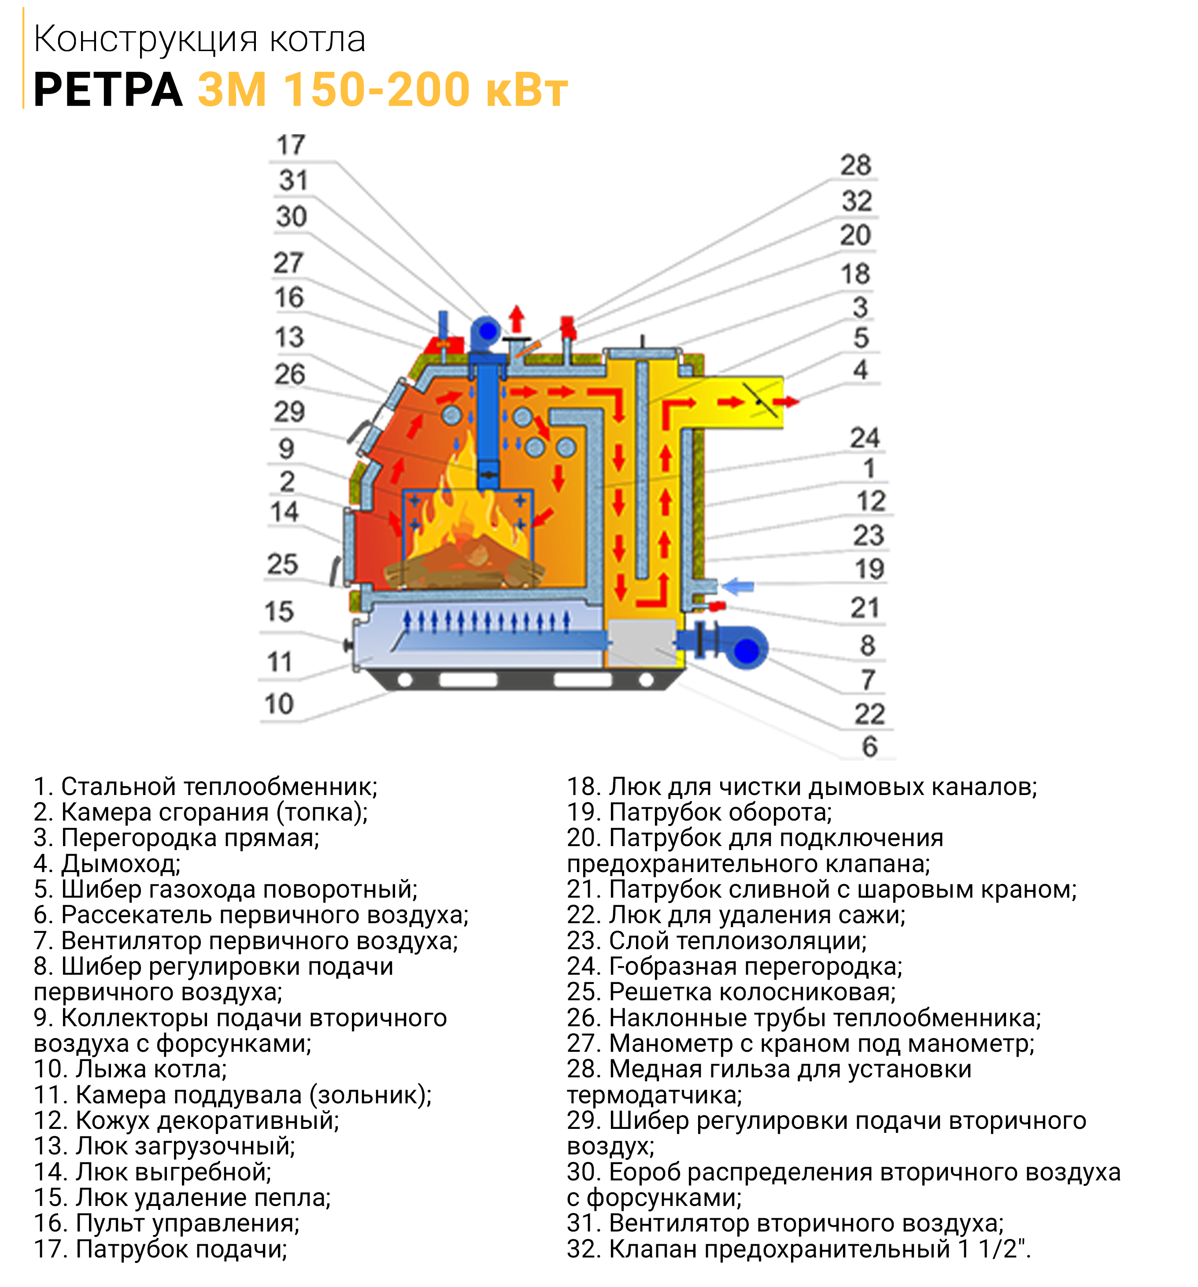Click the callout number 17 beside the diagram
[x=291, y=144]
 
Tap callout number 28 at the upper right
[x=856, y=165]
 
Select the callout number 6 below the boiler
[x=870, y=747]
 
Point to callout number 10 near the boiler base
[x=279, y=704]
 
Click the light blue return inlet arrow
[x=737, y=587]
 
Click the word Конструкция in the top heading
[x=146, y=40]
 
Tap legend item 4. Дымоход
[x=107, y=864]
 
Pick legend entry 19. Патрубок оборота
[x=699, y=812]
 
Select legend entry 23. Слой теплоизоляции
[x=717, y=941]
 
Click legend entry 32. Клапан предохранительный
[x=799, y=1249]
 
